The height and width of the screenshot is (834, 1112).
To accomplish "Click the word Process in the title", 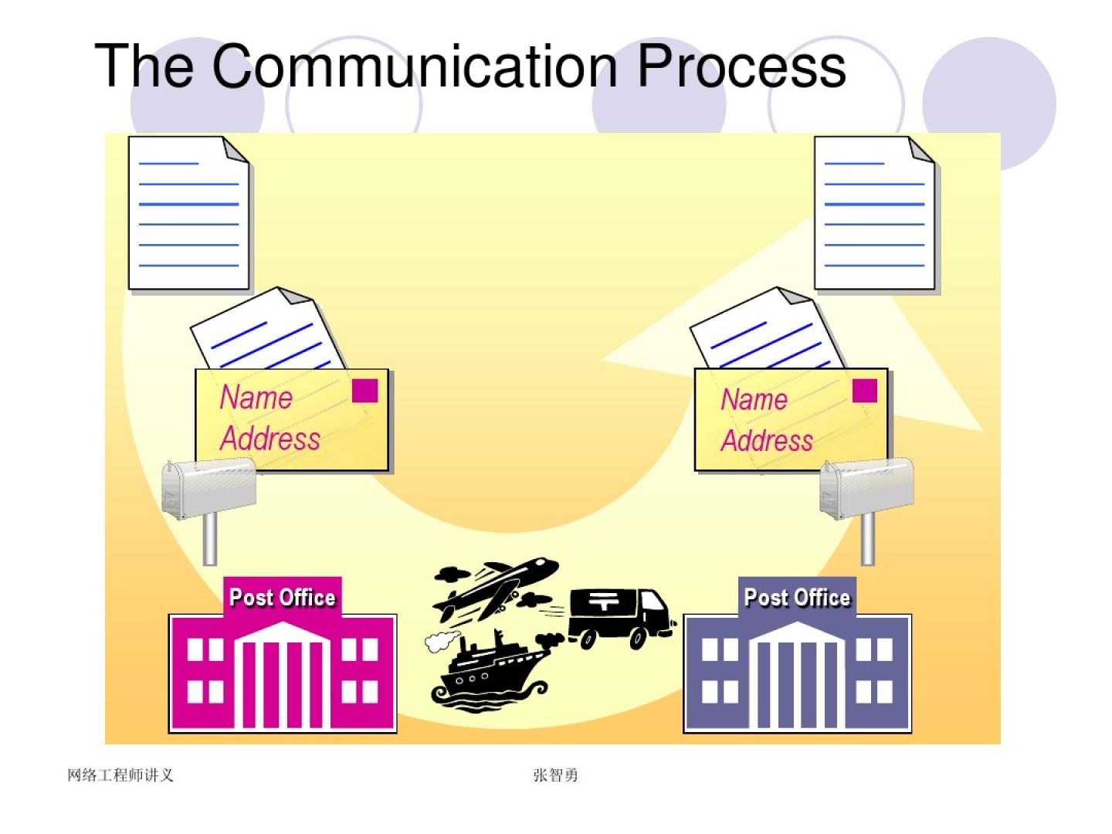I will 741,66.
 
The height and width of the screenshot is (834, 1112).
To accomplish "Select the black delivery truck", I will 618,616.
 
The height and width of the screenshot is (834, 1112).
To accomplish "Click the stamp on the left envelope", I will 364,391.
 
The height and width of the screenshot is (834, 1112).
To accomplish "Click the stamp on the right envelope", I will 865,391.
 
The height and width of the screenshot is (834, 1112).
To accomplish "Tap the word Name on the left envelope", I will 256,398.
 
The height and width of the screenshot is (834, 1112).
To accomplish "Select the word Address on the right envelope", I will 767,440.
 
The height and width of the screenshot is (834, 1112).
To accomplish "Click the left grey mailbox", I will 208,486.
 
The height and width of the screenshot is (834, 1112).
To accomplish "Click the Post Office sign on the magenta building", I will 283,597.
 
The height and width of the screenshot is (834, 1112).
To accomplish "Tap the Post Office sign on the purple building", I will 797,597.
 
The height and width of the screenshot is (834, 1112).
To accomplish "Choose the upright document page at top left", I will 188,214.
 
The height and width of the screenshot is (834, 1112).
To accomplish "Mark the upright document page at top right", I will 874,214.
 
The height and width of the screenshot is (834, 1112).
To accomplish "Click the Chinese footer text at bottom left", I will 120,775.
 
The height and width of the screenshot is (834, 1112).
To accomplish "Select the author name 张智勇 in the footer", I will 555,775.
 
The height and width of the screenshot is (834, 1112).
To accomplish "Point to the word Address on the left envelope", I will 270,439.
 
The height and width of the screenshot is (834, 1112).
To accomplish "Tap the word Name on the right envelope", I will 754,399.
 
